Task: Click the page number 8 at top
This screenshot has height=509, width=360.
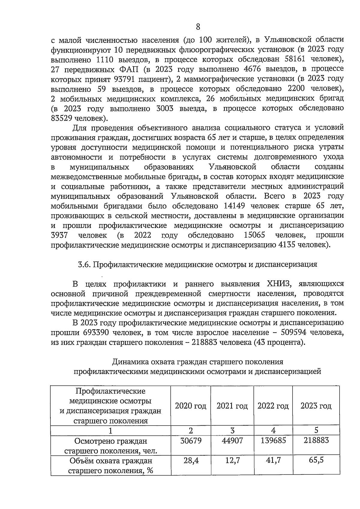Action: [198, 27]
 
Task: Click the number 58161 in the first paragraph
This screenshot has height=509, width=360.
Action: [292, 59]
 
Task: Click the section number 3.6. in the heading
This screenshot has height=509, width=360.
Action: [85, 265]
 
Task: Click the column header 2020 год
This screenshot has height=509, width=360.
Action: [190, 406]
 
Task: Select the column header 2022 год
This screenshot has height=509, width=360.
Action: [273, 406]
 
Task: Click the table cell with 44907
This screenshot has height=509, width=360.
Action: [232, 440]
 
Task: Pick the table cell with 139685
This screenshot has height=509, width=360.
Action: [273, 440]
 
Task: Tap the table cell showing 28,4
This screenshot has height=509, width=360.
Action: [191, 460]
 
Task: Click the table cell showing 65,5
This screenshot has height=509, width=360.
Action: [316, 460]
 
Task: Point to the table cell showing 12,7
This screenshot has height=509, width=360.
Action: [232, 460]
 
